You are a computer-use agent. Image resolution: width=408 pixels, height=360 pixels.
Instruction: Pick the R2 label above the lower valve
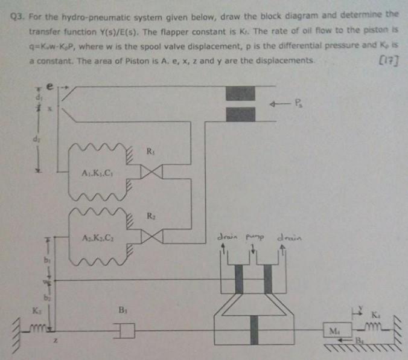(150, 216)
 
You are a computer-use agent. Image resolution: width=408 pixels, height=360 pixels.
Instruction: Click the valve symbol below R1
(150, 172)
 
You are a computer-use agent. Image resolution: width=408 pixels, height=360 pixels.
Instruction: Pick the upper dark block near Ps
(240, 93)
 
